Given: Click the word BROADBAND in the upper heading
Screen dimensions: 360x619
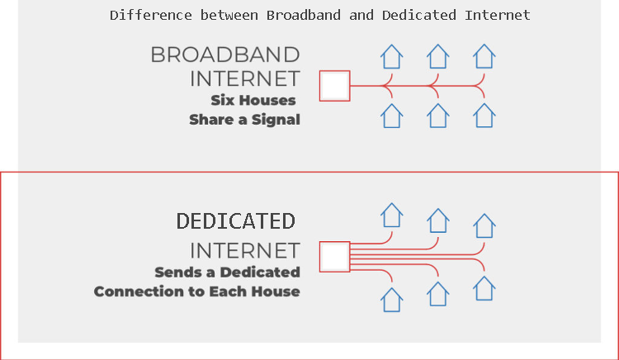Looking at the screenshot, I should pos(224,55).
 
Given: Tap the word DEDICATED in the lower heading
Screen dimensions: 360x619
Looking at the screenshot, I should pos(236,221).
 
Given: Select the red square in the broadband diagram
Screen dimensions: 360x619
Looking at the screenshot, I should pos(334,86).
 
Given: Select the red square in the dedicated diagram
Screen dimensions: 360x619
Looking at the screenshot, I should pos(334,256).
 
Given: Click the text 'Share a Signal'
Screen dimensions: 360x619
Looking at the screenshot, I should pos(244,120).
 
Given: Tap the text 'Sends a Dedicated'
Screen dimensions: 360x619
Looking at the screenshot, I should pos(227,272).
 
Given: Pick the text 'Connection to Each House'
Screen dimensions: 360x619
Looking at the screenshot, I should pos(196,291).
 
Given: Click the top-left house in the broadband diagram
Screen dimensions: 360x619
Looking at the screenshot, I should pos(391,57).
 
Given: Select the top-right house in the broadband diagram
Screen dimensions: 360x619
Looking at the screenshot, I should pos(484,57).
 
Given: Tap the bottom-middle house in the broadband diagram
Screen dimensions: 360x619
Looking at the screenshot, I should pos(437,116).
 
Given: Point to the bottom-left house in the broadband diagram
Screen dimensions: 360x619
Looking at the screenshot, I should pos(391,116).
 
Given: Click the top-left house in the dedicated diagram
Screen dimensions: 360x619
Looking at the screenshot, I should pos(391,216).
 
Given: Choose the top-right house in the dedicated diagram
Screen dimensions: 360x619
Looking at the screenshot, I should pos(484,225).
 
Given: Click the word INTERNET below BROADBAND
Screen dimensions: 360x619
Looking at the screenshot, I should pos(245,79).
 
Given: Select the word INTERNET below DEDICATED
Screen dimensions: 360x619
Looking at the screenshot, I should pos(245,250).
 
